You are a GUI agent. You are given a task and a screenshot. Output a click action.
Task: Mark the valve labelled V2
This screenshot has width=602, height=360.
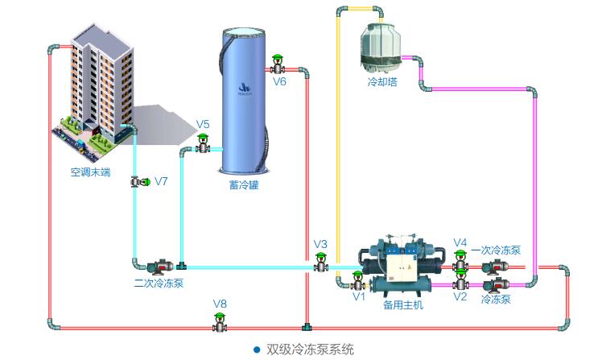460,281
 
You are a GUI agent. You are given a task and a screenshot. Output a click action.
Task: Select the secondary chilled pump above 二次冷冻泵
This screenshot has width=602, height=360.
159,263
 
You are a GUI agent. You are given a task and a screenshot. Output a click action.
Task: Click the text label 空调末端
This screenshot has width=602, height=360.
89,172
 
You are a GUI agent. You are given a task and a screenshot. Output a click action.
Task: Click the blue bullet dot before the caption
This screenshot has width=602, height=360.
257,349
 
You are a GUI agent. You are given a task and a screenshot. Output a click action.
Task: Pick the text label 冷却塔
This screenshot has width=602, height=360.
381,81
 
